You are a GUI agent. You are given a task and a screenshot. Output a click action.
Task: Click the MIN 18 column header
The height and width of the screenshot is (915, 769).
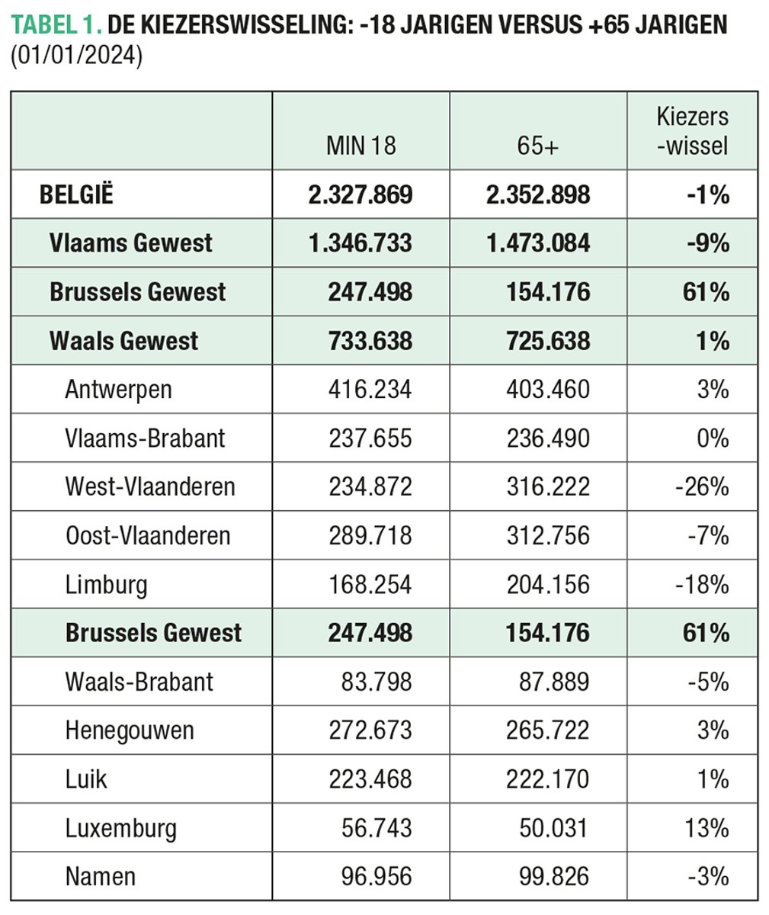click(360, 146)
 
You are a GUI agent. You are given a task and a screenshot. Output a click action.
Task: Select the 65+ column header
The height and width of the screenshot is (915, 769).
click(537, 146)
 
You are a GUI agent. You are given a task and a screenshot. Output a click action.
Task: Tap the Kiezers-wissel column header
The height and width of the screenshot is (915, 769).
click(692, 131)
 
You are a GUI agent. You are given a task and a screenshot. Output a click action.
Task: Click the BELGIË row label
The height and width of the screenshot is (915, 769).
click(76, 194)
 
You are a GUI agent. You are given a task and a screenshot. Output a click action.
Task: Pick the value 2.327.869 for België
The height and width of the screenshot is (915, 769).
click(360, 194)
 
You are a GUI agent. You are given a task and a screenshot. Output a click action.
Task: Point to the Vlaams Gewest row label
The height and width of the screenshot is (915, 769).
click(130, 243)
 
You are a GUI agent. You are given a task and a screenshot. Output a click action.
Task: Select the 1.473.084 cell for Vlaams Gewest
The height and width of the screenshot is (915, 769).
click(538, 243)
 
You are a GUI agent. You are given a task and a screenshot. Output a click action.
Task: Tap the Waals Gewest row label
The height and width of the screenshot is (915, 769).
click(123, 341)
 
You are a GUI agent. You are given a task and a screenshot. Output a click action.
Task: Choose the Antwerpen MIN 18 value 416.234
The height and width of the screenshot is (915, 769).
click(370, 390)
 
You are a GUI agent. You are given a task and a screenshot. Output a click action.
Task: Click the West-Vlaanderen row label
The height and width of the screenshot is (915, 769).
click(150, 486)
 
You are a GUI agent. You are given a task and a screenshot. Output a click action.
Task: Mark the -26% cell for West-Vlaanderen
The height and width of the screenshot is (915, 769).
click(702, 486)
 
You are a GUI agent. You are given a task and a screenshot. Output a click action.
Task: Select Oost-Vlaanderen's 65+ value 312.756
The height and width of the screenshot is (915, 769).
click(548, 535)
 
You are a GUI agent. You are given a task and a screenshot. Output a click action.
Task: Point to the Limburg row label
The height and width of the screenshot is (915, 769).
click(106, 585)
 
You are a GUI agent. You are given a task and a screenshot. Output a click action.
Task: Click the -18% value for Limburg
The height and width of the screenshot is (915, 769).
click(702, 585)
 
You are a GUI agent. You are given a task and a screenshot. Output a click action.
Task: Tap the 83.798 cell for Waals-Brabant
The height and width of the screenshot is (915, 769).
click(376, 681)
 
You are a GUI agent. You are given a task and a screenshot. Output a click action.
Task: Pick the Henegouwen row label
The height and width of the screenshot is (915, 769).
click(130, 730)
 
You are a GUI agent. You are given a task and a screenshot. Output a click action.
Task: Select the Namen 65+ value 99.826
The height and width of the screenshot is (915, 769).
click(554, 876)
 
